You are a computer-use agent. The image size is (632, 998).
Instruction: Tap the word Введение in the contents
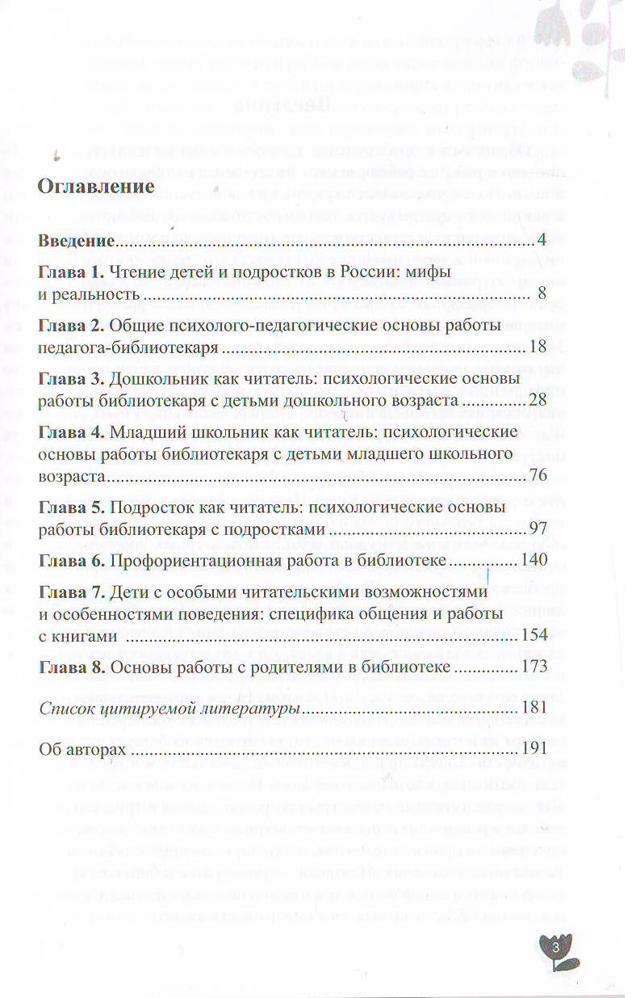[77, 242]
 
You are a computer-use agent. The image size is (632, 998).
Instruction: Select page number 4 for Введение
[542, 241]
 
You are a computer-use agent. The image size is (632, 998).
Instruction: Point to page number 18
[539, 347]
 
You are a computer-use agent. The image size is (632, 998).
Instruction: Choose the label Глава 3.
[72, 378]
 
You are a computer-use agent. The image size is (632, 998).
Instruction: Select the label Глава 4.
[72, 432]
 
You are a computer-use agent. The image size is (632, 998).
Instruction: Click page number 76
[538, 475]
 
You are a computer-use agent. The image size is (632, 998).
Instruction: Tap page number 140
[534, 560]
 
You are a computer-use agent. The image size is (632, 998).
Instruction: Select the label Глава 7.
[72, 592]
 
